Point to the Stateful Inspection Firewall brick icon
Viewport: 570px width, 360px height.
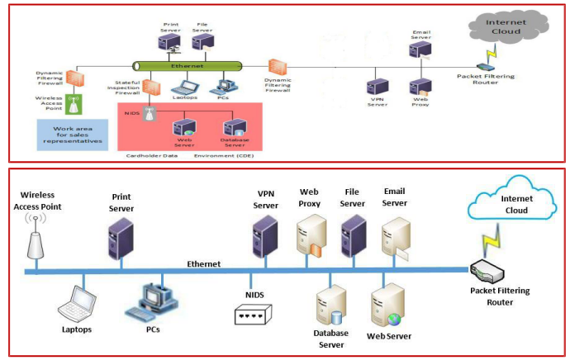[x=150, y=86]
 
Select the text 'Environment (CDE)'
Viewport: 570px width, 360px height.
[x=222, y=155]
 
